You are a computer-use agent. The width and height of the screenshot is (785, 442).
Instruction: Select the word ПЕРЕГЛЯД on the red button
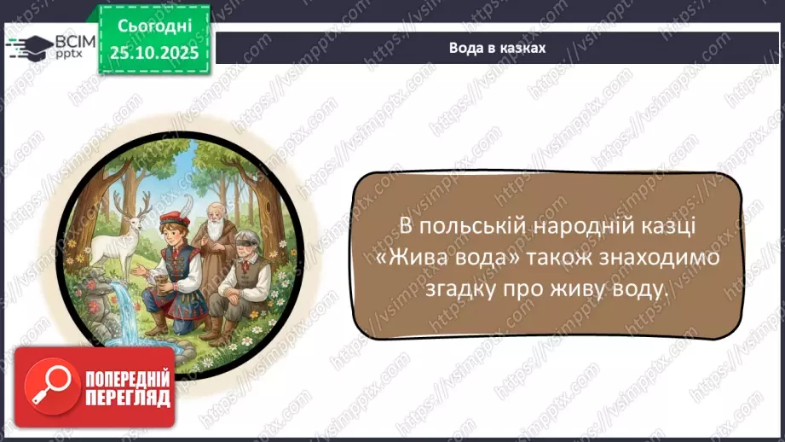point(128,397)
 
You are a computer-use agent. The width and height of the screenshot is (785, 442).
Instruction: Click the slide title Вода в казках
point(497,48)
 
